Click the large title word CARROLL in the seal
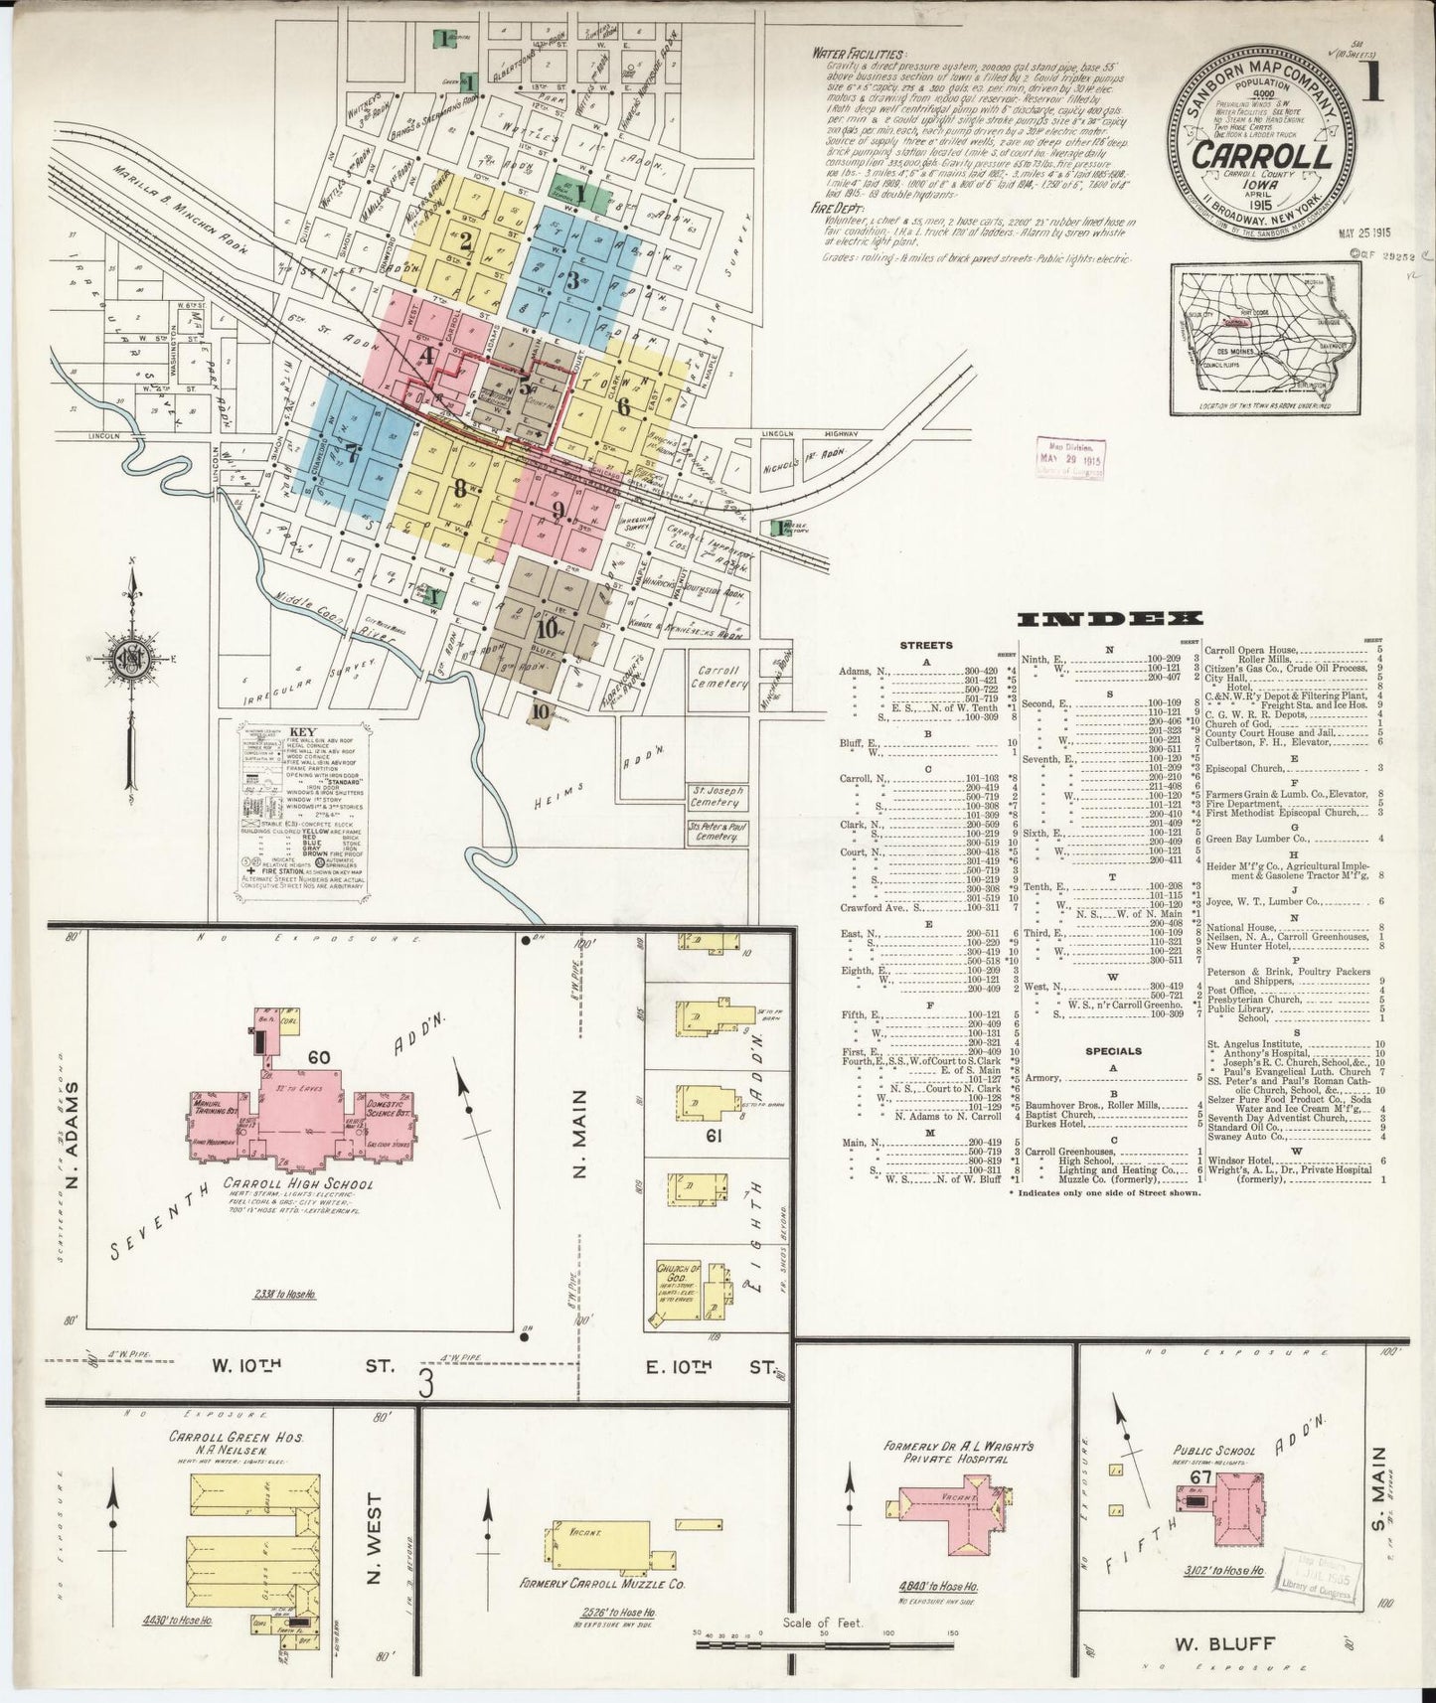[1262, 156]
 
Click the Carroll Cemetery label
[721, 678]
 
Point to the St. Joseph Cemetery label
[718, 797]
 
